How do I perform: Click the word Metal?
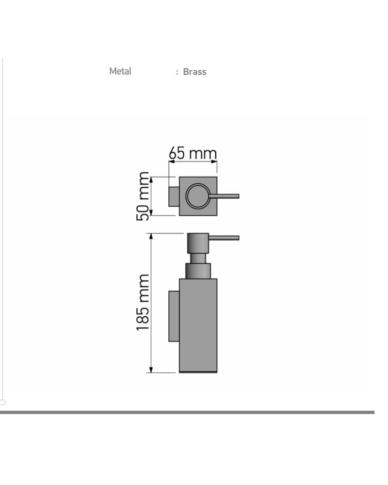click(120, 71)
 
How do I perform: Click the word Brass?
click(194, 72)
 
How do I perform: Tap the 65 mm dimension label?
click(193, 153)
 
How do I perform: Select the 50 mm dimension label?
click(143, 196)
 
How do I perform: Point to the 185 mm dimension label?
click(143, 302)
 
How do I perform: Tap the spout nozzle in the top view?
click(225, 196)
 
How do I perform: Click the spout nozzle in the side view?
click(224, 238)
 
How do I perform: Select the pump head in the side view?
click(198, 243)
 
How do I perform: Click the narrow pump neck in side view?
click(198, 259)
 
